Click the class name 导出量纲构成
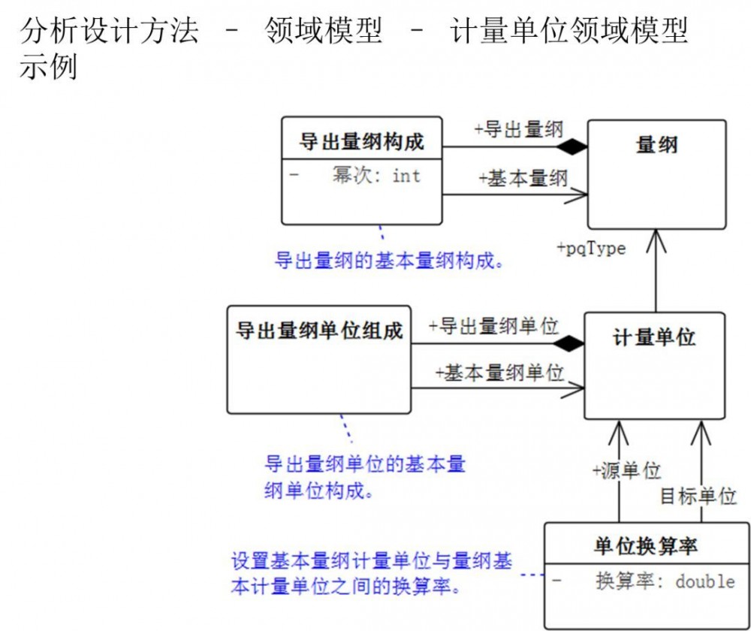(362, 141)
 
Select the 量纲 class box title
(656, 144)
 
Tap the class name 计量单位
(654, 337)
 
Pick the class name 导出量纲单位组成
(319, 331)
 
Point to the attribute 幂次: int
(376, 177)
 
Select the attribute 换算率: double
(665, 581)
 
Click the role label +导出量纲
(518, 129)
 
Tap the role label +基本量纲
(523, 178)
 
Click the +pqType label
(591, 249)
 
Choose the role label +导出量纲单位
(493, 326)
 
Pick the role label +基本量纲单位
(499, 372)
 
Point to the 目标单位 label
(698, 496)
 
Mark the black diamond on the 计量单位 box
(567, 344)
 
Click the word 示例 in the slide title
(48, 68)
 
